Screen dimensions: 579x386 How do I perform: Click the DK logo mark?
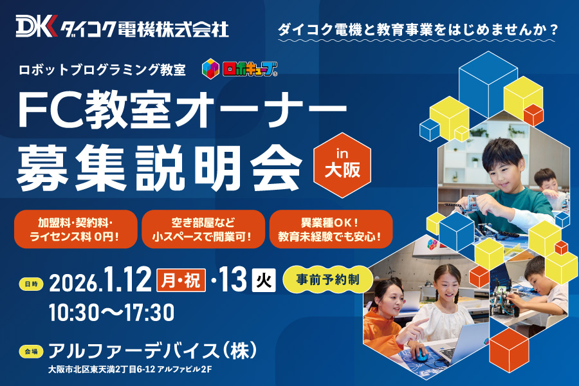(37, 26)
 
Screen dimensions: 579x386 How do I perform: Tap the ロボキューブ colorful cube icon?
(210, 69)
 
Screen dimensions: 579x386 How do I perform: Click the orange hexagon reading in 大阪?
(342, 165)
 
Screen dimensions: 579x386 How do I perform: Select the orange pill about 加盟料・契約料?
(76, 229)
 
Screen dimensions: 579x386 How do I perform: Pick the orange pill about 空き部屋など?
(203, 229)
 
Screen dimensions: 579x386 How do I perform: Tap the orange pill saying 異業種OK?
(331, 229)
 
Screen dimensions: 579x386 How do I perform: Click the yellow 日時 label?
(31, 284)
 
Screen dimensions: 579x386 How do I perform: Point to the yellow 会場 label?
(31, 352)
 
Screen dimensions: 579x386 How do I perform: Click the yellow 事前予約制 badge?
(328, 280)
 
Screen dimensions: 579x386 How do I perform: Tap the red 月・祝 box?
(181, 280)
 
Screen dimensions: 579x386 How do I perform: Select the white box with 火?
(264, 280)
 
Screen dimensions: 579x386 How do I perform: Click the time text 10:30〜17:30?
(111, 313)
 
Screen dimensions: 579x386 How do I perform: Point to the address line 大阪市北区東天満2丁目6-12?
(102, 369)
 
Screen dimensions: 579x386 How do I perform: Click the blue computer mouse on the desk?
(421, 355)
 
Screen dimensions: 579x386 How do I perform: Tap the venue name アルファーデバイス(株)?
(152, 351)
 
